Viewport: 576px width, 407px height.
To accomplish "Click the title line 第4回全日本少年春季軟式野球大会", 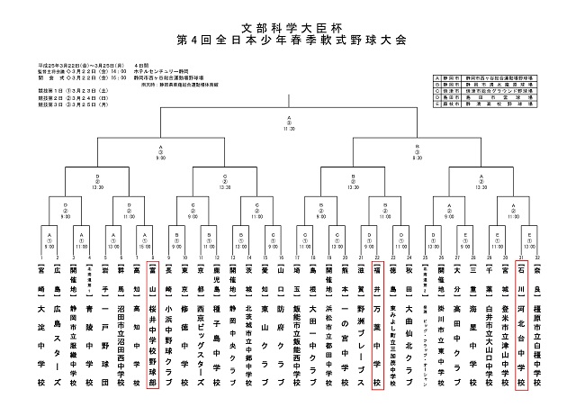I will coord(288,41).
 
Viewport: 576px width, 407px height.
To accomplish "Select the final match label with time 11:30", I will coord(289,124).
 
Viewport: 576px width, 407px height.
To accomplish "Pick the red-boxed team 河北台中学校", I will coord(520,320).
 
